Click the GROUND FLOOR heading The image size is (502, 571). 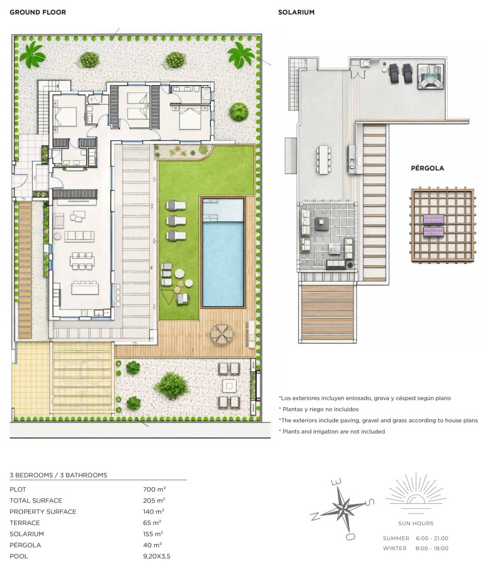point(38,12)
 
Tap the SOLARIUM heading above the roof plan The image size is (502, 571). point(296,12)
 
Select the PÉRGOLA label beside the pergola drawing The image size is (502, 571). point(427,168)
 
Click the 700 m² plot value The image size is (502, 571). point(154,489)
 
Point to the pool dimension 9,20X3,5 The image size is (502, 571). point(156,556)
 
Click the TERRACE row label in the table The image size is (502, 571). point(25,523)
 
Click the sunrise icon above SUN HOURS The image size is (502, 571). point(416,492)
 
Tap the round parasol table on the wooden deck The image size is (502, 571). point(222,333)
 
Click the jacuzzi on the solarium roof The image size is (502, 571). point(431,76)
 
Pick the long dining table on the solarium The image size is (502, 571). point(323,160)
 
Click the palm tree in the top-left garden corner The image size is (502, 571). point(32,54)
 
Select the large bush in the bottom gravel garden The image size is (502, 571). point(172,385)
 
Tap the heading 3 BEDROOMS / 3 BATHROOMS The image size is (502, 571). point(58,475)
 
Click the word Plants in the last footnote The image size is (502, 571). point(292,432)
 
